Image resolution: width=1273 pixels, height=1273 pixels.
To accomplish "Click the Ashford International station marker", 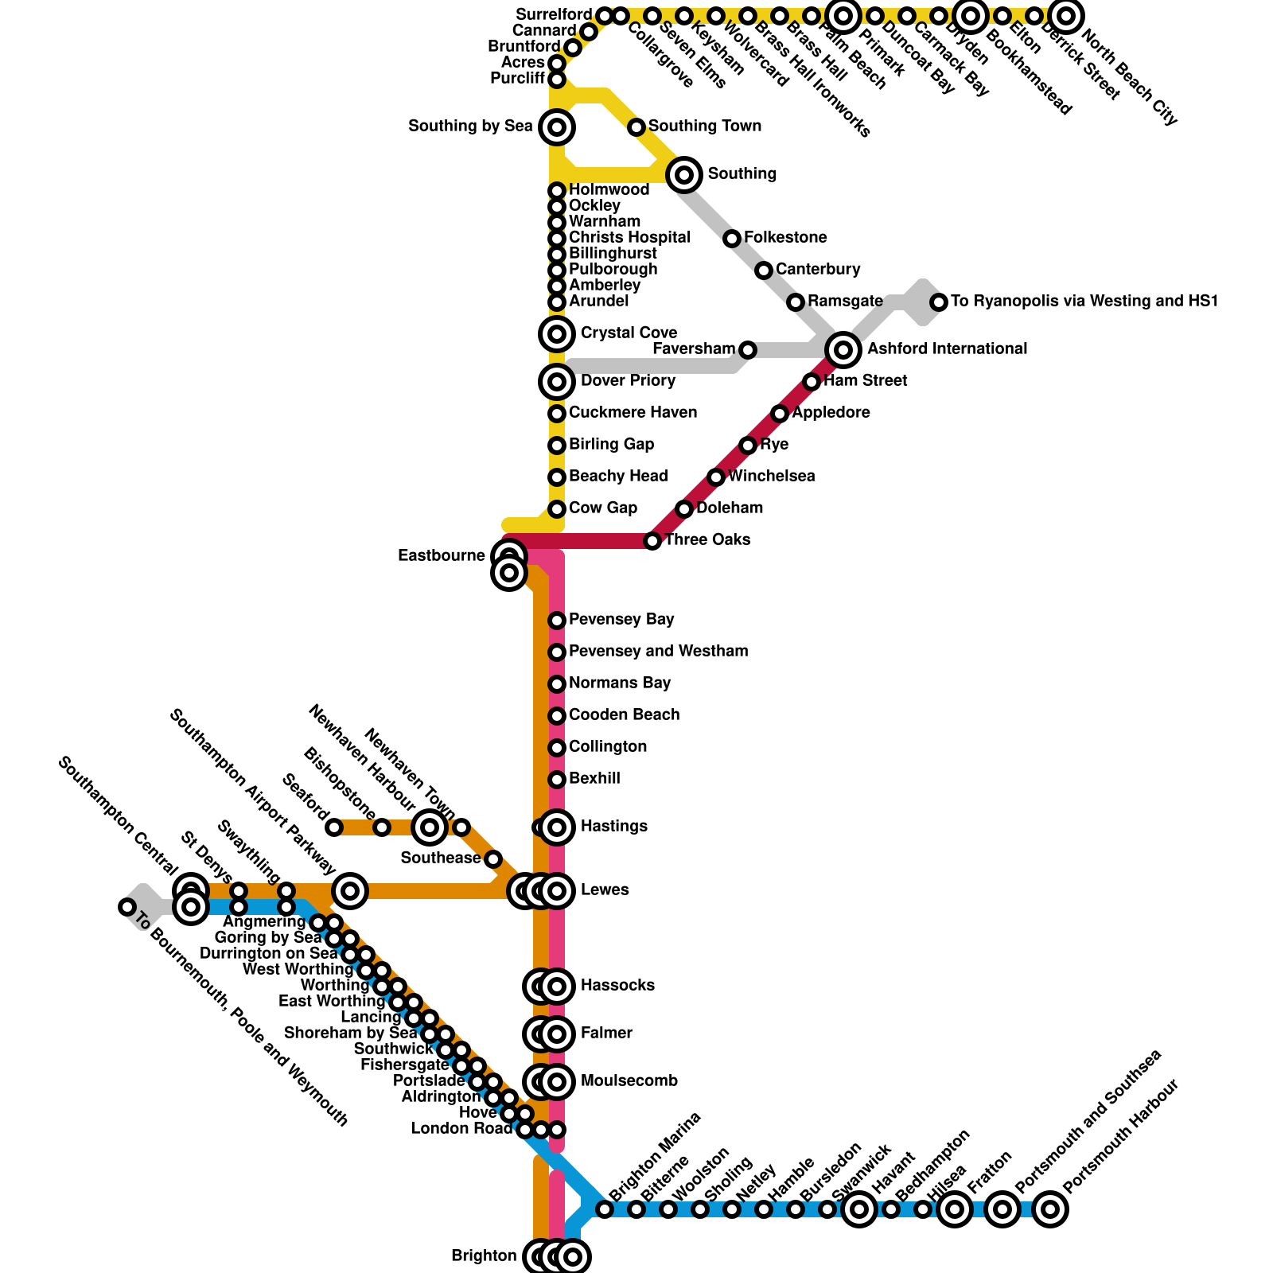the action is pyautogui.click(x=843, y=349).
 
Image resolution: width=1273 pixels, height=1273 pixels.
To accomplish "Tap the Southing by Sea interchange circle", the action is pyautogui.click(x=557, y=127).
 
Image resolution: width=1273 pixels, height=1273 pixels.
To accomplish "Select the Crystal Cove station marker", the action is pyautogui.click(x=557, y=333).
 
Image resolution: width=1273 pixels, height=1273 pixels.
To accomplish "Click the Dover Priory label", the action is pyautogui.click(x=628, y=381).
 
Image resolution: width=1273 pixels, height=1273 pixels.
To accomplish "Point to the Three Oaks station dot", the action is pyautogui.click(x=652, y=541).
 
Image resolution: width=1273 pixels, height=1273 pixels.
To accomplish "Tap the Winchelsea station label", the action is pyautogui.click(x=771, y=477).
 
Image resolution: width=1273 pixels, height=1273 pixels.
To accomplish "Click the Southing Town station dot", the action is pyautogui.click(x=636, y=127).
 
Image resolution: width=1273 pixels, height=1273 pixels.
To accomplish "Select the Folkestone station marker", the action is pyautogui.click(x=732, y=238).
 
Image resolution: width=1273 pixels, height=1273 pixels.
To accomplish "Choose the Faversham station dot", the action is pyautogui.click(x=748, y=349).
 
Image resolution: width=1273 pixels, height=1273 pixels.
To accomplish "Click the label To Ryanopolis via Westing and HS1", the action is pyautogui.click(x=1084, y=302).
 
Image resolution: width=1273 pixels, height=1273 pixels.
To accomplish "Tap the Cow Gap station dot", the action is pyautogui.click(x=557, y=508).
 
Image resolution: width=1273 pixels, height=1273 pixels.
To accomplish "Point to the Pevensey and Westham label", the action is pyautogui.click(x=658, y=652).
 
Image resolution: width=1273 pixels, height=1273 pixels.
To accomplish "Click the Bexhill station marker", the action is pyautogui.click(x=557, y=779).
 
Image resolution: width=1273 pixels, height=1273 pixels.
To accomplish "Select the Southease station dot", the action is pyautogui.click(x=493, y=859).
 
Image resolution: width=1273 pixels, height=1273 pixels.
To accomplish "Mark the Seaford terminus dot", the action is pyautogui.click(x=334, y=827).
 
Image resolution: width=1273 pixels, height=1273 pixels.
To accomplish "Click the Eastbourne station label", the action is pyautogui.click(x=441, y=556).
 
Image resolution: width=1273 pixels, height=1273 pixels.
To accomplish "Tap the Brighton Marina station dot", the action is pyautogui.click(x=605, y=1209).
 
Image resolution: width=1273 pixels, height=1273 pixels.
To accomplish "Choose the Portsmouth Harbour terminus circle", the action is pyautogui.click(x=1050, y=1209).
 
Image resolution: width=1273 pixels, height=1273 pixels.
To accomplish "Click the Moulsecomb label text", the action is pyautogui.click(x=629, y=1081).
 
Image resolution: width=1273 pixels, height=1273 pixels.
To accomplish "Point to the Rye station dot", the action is pyautogui.click(x=748, y=445).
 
